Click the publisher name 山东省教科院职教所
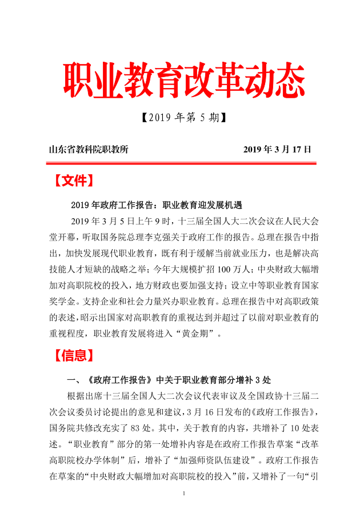[89, 150]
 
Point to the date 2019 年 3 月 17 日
[277, 150]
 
